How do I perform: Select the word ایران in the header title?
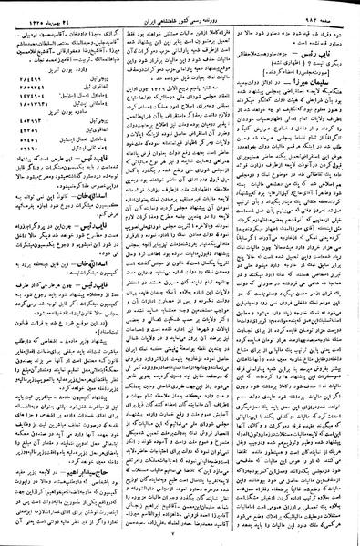(x=138, y=9)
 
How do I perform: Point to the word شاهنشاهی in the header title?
(x=161, y=9)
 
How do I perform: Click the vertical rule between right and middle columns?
(x=241, y=273)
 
